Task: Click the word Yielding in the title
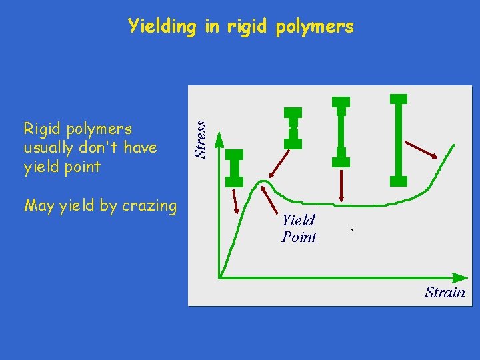point(162,27)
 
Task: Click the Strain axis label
point(445,292)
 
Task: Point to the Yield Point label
point(299,228)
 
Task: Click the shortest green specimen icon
point(235,167)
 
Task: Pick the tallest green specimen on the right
point(398,139)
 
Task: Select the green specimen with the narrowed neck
point(293,127)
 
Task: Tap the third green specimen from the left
point(341,131)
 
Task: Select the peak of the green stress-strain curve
point(265,181)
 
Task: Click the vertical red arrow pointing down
point(341,185)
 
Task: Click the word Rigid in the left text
point(41,128)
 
